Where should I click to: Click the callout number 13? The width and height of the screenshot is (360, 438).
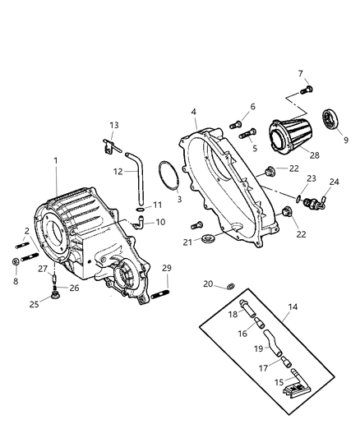coord(113,125)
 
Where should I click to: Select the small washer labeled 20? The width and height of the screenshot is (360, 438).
coord(230,285)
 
